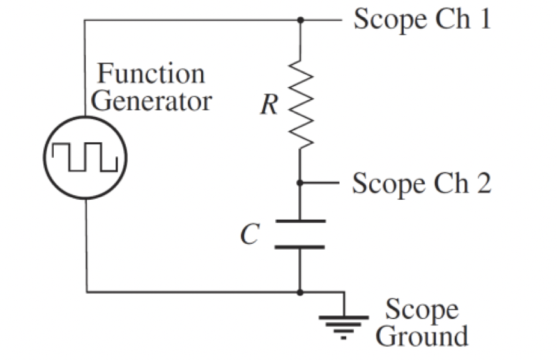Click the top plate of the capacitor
[x=300, y=221]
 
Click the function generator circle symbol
[x=85, y=156]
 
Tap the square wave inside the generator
[x=85, y=157]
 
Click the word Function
[x=151, y=74]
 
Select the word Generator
[x=152, y=101]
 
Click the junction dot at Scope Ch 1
[x=300, y=20]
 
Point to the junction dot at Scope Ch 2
[x=300, y=183]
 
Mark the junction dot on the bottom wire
[x=300, y=292]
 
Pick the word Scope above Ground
[x=422, y=310]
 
